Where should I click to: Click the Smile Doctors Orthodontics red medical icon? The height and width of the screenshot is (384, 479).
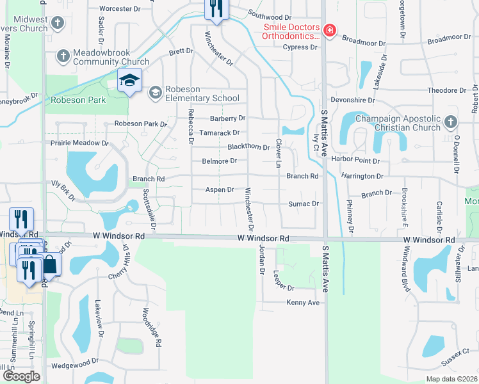coord(329,30)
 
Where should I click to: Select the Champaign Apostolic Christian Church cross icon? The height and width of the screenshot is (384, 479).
coord(450,122)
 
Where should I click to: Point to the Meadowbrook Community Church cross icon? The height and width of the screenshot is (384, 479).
coord(63,56)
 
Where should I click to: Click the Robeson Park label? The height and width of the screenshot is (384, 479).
coord(78,100)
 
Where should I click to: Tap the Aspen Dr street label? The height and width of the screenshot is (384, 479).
coord(220,190)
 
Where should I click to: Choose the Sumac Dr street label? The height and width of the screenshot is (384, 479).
coord(306,204)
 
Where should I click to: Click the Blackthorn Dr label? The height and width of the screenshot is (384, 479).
coord(248,147)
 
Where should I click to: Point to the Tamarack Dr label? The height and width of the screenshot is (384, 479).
coord(218,133)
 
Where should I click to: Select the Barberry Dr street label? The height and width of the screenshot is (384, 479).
coord(227,118)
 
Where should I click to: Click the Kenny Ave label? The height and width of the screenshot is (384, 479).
coord(303,303)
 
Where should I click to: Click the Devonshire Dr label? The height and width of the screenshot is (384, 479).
coord(353,100)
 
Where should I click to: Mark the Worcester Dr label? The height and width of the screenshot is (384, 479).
coord(120,10)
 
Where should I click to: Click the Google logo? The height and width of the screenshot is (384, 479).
coord(20,376)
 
